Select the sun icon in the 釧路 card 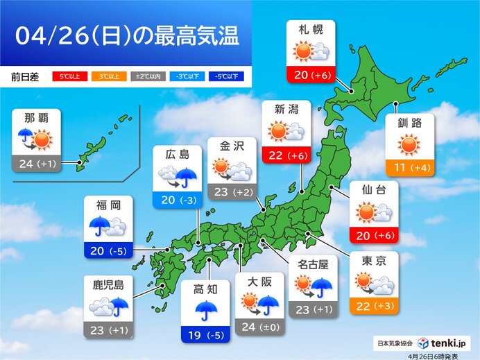point(410,145)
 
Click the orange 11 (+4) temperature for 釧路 point(410,167)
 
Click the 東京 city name point(375,262)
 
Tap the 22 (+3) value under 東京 point(375,305)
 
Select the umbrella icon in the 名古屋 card point(321,284)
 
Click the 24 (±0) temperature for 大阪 point(259,327)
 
